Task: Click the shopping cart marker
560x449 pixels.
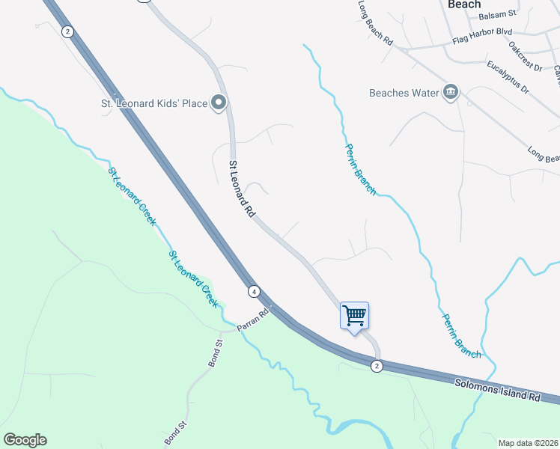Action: pos(354,315)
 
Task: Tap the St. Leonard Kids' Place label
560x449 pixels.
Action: pos(154,103)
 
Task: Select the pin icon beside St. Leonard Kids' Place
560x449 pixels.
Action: pos(219,103)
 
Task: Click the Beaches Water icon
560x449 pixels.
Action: pos(451,93)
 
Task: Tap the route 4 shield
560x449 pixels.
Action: pos(255,291)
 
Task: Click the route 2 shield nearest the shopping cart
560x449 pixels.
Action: pos(377,365)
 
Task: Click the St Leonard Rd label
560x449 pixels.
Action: pos(243,189)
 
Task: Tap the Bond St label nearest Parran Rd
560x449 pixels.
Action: pos(214,352)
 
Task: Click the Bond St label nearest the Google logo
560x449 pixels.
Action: pos(173,433)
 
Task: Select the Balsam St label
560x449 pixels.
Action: pos(498,14)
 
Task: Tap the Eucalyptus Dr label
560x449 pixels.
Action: pos(507,78)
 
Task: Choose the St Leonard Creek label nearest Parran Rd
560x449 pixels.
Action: pos(192,279)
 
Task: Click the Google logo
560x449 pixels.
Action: pos(25,440)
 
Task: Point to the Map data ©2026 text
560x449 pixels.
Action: pos(528,443)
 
